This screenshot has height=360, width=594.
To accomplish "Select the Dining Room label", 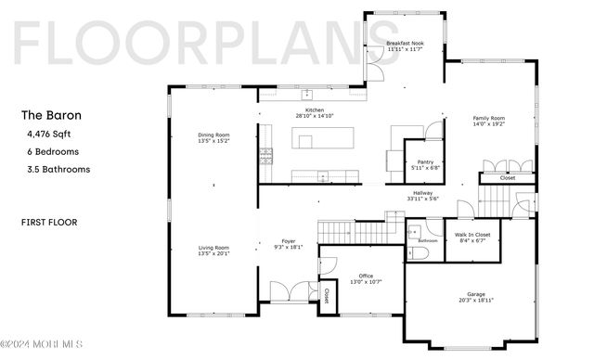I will point(214,135).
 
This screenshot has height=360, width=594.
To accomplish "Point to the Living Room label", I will point(214,248).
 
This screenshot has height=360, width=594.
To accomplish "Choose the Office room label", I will point(367,275).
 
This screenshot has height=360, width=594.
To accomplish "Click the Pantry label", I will point(426,162).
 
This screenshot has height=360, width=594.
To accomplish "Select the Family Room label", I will point(488,119).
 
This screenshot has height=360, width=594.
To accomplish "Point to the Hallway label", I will point(423,193).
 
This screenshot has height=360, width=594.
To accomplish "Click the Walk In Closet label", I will point(471,236).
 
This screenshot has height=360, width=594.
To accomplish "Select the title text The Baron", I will point(51,116).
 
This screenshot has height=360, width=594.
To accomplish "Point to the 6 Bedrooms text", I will point(54,151).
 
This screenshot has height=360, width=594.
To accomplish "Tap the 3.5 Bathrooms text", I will point(58,170).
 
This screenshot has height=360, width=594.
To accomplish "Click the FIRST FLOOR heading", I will point(49,223).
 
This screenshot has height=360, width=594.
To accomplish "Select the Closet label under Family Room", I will point(508,177).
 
